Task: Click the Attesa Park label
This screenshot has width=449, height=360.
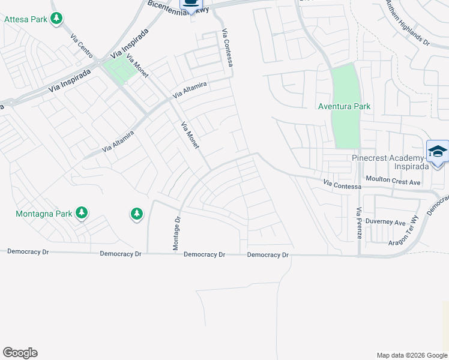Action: coord(26,19)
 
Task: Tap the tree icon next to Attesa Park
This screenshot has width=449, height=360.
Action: coord(56,19)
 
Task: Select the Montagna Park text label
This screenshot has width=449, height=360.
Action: coord(44,213)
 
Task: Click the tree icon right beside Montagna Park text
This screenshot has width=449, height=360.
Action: coord(82,213)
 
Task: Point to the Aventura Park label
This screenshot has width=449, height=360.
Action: coord(345,106)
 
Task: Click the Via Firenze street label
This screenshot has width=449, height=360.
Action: coord(359,223)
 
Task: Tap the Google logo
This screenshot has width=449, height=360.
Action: coord(20,353)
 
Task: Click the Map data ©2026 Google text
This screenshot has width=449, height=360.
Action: coord(411,355)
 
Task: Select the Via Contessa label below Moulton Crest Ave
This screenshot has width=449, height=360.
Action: coord(341,183)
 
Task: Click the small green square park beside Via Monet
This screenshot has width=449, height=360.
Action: coord(119,70)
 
